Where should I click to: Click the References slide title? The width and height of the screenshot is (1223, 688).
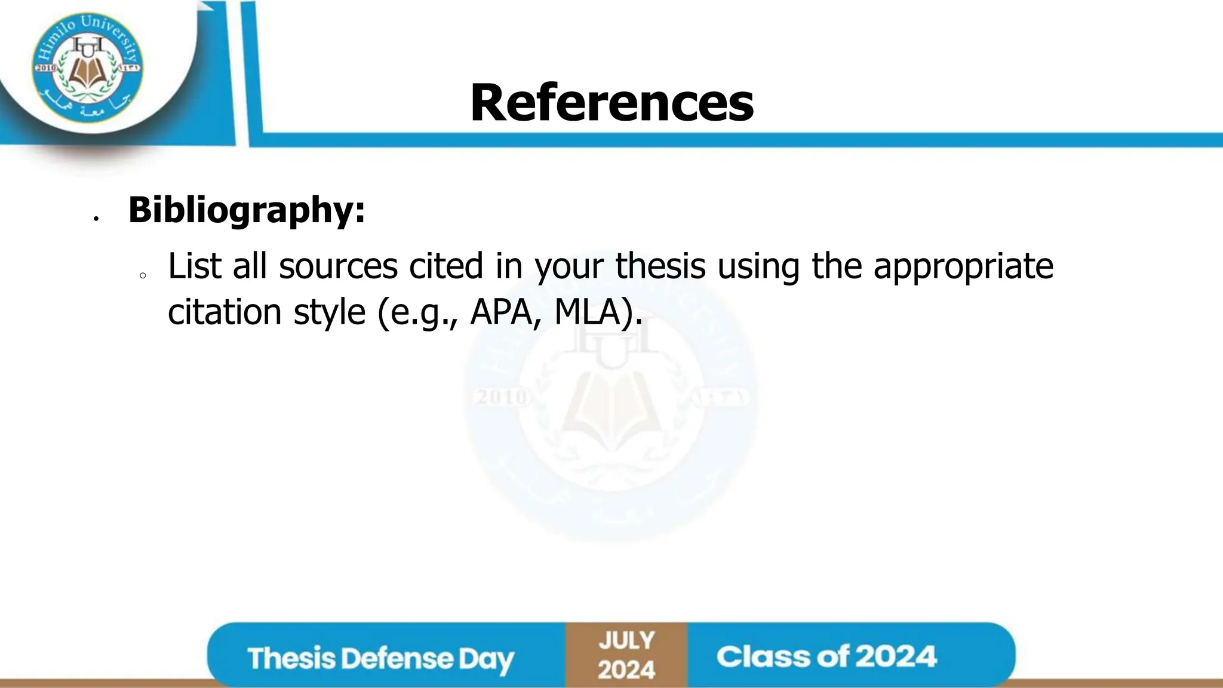tap(611, 103)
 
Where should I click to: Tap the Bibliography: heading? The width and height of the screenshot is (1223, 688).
tap(246, 210)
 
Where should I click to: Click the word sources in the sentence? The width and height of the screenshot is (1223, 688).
tap(338, 266)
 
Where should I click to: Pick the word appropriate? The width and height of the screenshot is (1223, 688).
tap(963, 267)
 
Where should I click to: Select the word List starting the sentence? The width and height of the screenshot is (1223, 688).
tap(195, 266)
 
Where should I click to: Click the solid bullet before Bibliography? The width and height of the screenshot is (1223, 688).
tap(96, 219)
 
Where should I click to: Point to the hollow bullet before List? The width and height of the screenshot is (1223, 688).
tap(143, 276)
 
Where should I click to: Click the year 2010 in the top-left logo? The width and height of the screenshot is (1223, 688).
tap(45, 68)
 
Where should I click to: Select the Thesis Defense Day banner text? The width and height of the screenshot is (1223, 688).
tap(380, 658)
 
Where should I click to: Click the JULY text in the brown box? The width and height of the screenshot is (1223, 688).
tap(626, 641)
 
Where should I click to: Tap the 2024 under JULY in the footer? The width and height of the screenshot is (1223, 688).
tap(626, 669)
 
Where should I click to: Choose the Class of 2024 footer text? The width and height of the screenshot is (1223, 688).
tap(826, 656)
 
